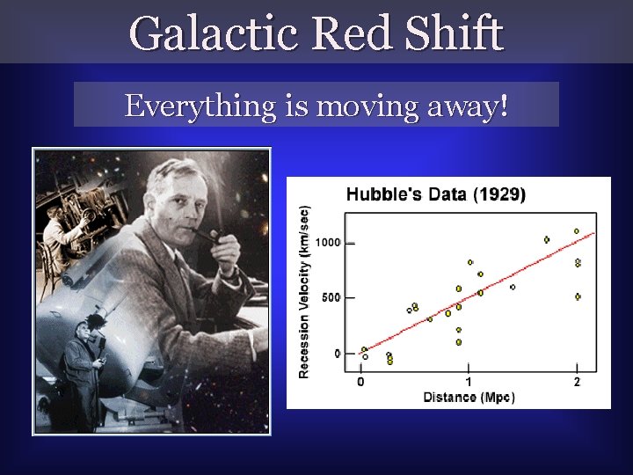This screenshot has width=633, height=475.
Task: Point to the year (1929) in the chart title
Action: pos(498,195)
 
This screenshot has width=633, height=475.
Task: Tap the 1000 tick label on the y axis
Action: pos(329,242)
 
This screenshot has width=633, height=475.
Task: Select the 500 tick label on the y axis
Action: pos(331,297)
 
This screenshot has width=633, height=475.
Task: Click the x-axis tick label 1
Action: pos(469,382)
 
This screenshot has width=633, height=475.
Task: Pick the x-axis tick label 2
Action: pos(577,382)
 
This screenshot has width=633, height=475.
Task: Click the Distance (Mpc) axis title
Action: pos(469,398)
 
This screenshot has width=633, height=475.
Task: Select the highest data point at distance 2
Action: pos(577,231)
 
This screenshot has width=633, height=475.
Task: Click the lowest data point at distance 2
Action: pos(578,296)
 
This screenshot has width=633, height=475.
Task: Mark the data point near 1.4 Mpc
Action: pos(513,287)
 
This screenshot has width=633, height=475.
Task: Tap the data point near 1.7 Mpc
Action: pos(547,239)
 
